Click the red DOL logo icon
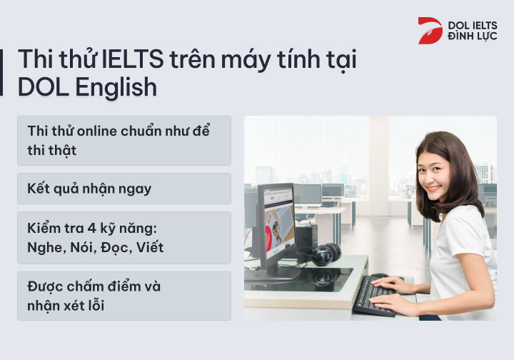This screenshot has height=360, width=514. pos(430,31)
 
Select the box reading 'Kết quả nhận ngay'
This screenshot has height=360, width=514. pos(124,189)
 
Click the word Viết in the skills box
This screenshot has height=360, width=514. pos(151,248)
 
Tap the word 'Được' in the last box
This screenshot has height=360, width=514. pos(46,286)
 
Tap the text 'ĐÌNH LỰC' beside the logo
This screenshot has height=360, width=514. pos(472,36)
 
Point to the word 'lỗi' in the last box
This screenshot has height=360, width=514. pos(102,306)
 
